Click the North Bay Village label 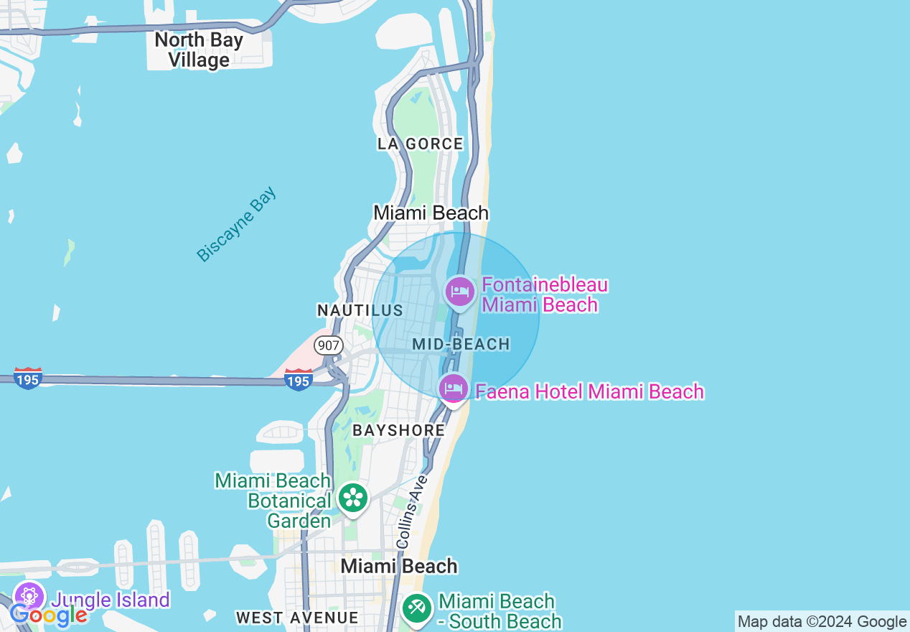click(x=198, y=50)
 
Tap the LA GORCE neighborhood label click(x=420, y=144)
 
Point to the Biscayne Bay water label click(x=237, y=225)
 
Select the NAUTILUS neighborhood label click(x=360, y=310)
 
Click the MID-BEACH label click(x=461, y=344)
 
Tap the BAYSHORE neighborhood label click(x=398, y=430)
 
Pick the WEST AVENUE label click(x=296, y=618)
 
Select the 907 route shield click(x=328, y=345)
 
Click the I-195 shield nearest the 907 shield click(x=298, y=378)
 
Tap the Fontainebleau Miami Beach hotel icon click(x=460, y=292)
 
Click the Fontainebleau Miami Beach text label click(x=544, y=294)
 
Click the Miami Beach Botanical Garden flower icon click(x=353, y=498)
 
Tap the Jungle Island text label click(x=111, y=600)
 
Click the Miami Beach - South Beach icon click(x=416, y=608)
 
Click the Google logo click(x=48, y=615)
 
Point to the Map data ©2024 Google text click(x=822, y=621)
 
